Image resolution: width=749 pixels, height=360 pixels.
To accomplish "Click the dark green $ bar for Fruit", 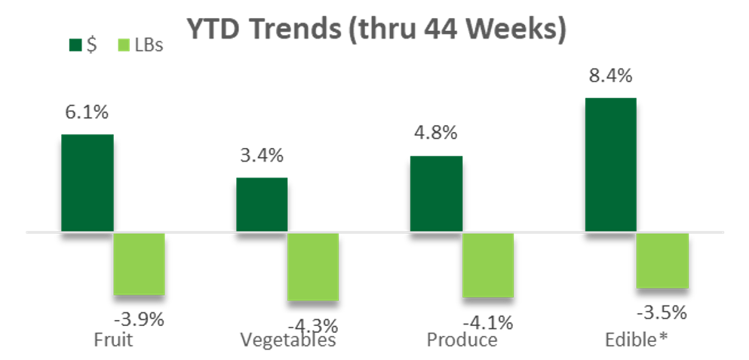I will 87,183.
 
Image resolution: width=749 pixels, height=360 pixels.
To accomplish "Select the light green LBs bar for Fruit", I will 139,263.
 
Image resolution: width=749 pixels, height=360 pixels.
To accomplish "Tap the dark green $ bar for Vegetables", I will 262,205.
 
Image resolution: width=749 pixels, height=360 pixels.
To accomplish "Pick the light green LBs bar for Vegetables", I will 313,266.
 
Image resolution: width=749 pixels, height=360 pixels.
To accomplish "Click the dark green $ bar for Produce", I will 436,194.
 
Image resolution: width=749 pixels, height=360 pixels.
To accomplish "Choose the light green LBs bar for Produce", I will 488,265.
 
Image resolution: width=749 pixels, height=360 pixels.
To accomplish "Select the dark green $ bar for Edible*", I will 611,165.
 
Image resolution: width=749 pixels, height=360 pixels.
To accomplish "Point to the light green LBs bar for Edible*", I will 663,260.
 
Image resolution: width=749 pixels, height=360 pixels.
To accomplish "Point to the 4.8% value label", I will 435,134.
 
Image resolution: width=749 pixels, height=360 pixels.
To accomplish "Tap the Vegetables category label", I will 287,340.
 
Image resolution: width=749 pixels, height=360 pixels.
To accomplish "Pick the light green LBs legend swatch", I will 125,45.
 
